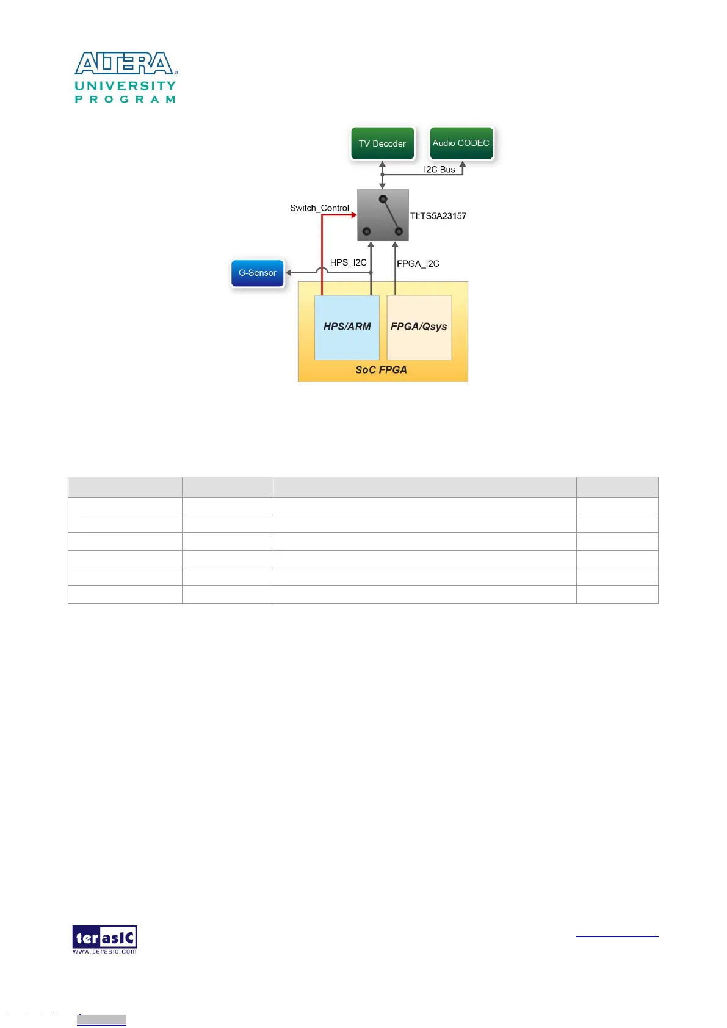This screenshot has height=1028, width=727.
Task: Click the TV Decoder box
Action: pos(382,143)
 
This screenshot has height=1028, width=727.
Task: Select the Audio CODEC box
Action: pos(461,143)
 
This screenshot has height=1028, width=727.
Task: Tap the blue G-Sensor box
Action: pos(258,273)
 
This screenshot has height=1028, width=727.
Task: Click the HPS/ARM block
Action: pos(347,327)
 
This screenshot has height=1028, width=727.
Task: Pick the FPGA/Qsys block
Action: pos(419,327)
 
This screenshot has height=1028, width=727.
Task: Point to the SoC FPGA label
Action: pos(381,370)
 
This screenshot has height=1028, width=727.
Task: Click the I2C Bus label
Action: pos(439,170)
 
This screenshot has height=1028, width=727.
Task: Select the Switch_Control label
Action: pos(319,208)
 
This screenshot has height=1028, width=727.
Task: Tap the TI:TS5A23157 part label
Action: pos(438,216)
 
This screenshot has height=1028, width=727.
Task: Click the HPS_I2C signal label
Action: pos(348,262)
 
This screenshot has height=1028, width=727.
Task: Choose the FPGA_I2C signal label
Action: pos(418,264)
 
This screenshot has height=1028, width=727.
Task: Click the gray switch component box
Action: pos(383,215)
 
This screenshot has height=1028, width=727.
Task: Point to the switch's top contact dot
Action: pos(383,199)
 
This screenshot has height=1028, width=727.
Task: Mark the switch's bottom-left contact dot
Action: pos(367,231)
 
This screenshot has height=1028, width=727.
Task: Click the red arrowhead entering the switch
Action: pos(354,215)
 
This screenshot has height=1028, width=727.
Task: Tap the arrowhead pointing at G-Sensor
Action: pos(289,272)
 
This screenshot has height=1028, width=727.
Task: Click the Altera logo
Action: pos(126,63)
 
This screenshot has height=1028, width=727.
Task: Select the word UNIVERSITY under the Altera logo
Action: pos(125,86)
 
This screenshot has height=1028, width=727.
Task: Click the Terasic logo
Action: pos(104,939)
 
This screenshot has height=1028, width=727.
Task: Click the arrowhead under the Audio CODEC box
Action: pos(463,164)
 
